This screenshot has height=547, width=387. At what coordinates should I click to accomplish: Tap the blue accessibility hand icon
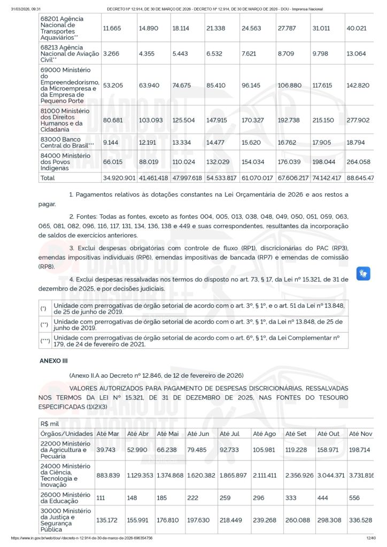click(x=363, y=273)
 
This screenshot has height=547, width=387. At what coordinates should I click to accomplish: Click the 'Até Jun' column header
click(x=199, y=433)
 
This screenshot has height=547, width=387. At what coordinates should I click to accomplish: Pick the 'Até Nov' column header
click(x=360, y=433)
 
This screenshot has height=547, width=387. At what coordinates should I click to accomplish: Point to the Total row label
click(x=48, y=177)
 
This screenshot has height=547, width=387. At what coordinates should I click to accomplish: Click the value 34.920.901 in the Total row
click(x=118, y=177)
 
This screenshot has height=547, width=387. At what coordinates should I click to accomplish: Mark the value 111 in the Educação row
click(x=100, y=497)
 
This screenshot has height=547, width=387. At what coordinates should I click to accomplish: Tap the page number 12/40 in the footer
click(x=371, y=538)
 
